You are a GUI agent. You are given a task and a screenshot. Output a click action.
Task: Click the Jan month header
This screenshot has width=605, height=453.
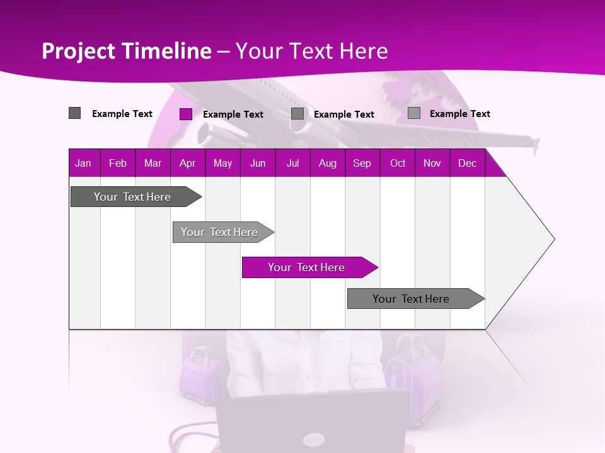tap(83, 164)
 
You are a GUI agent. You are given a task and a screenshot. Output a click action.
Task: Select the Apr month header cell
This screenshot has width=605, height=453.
tap(187, 164)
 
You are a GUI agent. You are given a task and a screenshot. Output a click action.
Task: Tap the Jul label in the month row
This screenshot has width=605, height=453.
tap(292, 164)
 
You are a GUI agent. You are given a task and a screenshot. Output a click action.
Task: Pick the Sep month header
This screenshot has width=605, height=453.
tap(362, 164)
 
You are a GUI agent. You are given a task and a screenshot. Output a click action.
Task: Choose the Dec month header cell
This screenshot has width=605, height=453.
tap(467, 164)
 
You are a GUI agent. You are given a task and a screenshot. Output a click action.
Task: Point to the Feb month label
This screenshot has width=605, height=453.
tap(118, 164)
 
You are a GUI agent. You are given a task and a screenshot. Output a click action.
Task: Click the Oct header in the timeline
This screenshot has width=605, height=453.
tap(398, 164)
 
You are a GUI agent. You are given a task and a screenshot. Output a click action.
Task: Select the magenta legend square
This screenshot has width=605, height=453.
tap(186, 114)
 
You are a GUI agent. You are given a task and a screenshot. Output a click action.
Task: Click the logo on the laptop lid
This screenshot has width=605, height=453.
tap(313, 439)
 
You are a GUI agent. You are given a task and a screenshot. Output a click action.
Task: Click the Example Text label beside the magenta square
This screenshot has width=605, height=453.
tap(233, 115)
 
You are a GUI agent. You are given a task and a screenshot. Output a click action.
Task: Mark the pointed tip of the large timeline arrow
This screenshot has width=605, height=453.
tap(554, 239)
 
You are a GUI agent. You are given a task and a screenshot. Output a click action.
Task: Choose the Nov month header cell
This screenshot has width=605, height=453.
tap(432, 164)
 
